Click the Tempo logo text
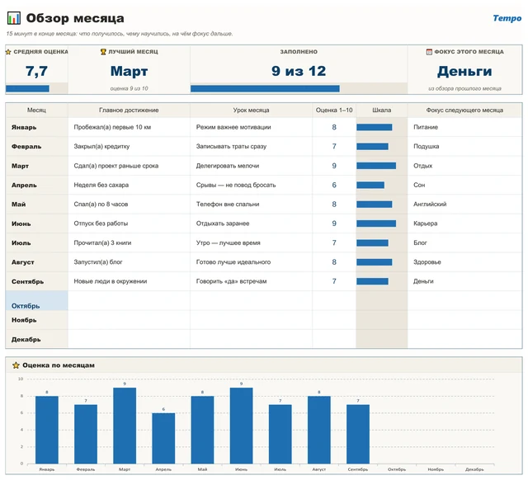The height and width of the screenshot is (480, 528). (x=507, y=18)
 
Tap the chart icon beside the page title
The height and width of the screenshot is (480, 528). (x=14, y=18)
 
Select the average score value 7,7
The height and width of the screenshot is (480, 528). (x=36, y=71)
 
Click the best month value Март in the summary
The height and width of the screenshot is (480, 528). (x=129, y=72)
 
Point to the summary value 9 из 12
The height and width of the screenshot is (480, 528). (x=299, y=71)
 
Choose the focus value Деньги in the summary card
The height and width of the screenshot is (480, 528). (x=464, y=72)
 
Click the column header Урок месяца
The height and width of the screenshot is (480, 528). (x=251, y=110)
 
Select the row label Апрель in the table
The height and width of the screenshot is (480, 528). (x=24, y=185)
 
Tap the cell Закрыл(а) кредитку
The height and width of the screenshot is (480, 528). (x=101, y=147)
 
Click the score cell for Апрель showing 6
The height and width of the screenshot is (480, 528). (x=334, y=185)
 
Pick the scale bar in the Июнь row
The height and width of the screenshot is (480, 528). (x=376, y=224)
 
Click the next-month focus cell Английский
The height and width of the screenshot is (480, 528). (x=430, y=205)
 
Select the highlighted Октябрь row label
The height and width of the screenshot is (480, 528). (x=26, y=306)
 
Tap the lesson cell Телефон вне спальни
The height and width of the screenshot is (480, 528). (x=228, y=205)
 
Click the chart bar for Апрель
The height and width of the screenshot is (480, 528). (x=163, y=438)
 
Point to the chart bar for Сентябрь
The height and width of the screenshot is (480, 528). (x=358, y=434)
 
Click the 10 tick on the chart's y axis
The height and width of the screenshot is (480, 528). (x=21, y=379)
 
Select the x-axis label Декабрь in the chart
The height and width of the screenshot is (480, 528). (x=474, y=469)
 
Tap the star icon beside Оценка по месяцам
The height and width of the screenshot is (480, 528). (x=16, y=365)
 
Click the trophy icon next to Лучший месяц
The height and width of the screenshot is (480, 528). (x=103, y=52)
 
